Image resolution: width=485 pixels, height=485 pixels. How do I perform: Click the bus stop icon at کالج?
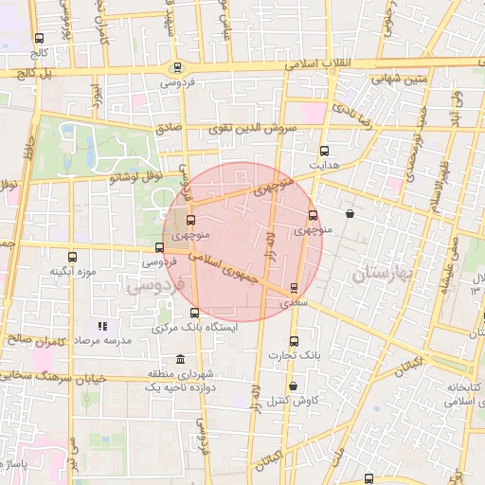tap(39, 39)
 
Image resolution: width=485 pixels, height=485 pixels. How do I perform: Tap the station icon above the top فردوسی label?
tap(177, 67)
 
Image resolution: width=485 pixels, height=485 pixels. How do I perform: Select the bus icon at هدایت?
tap(324, 151)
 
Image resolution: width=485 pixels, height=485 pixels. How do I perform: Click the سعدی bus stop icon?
tap(294, 287)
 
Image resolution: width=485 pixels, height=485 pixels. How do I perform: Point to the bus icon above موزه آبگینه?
tap(73, 256)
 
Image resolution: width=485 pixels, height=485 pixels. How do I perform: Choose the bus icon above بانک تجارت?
tap(293, 341)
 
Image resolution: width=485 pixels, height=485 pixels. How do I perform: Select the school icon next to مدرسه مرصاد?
tap(101, 326)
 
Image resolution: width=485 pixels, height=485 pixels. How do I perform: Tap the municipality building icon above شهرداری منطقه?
tap(180, 358)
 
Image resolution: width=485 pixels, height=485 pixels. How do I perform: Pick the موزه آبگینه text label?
tap(74, 272)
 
